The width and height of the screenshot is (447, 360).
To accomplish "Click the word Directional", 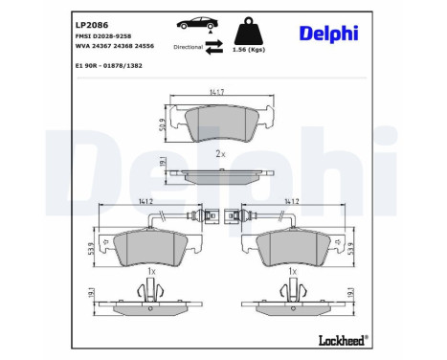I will tap(188, 46).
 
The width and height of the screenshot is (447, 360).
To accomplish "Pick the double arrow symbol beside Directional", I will tap(216, 45).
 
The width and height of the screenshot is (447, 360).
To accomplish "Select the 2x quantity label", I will tap(220, 153).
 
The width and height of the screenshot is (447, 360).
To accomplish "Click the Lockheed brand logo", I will tap(341, 339).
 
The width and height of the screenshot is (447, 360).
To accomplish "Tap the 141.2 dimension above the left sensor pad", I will tap(145, 201).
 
